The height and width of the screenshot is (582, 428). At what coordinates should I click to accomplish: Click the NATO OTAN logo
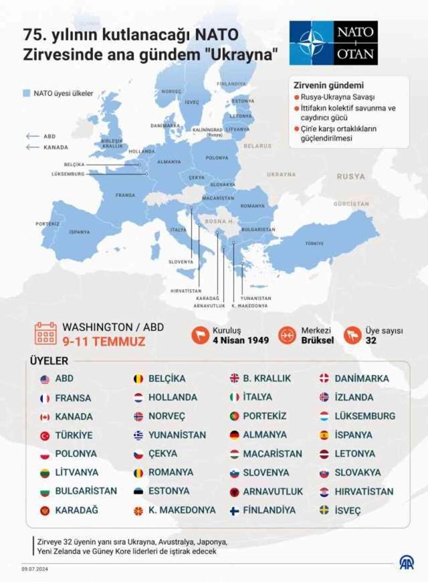[x=334, y=42]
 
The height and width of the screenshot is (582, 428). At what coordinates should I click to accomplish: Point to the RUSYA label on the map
[x=351, y=177]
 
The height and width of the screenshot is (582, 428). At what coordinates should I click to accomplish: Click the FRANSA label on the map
[x=125, y=195]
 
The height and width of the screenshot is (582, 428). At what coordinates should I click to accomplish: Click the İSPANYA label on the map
[x=80, y=232]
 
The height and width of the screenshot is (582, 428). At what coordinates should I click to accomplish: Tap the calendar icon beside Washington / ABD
[x=45, y=334]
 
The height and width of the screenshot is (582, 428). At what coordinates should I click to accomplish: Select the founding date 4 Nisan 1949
[x=240, y=340]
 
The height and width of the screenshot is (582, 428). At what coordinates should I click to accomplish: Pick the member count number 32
[x=371, y=340]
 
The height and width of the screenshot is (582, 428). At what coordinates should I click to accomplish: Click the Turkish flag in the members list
[x=45, y=435]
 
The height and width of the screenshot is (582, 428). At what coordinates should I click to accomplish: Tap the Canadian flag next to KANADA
[x=45, y=417]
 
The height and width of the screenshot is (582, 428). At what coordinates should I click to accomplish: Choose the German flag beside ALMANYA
[x=235, y=435]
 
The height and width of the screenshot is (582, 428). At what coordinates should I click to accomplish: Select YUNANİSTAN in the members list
[x=177, y=435]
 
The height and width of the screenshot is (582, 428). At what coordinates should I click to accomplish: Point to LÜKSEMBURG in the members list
[x=364, y=417]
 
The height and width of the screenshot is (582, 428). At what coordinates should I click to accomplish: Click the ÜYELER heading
[x=49, y=360]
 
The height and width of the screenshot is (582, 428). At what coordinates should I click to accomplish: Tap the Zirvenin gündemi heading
[x=328, y=86]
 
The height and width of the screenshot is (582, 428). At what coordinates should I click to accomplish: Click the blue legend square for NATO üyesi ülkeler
[x=27, y=94]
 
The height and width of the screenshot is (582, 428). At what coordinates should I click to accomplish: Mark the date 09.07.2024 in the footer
[x=35, y=569]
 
